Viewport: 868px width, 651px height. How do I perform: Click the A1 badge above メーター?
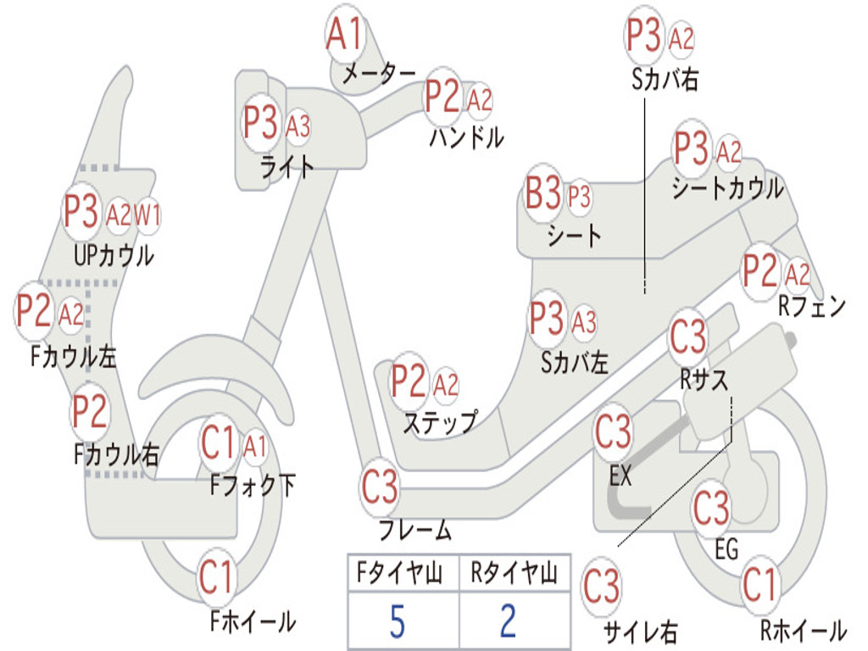click(346, 36)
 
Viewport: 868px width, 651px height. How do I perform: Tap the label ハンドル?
click(466, 136)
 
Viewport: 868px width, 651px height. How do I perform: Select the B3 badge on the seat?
click(543, 196)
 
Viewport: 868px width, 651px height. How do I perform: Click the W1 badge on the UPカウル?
click(147, 216)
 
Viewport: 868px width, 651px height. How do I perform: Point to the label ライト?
click(287, 167)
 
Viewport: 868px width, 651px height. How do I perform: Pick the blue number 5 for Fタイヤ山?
click(397, 621)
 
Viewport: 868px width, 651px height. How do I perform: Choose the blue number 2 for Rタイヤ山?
click(508, 621)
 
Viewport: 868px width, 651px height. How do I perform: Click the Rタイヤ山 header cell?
click(514, 576)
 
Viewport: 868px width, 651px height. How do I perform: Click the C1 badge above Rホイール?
click(759, 585)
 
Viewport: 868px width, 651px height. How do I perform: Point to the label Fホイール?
click(253, 622)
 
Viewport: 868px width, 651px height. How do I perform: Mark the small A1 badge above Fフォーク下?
click(255, 445)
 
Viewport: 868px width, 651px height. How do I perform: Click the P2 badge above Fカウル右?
click(90, 411)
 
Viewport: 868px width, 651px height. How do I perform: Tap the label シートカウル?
click(727, 188)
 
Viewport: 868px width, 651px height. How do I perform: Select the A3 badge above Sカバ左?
click(584, 322)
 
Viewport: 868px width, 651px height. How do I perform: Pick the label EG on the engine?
click(726, 550)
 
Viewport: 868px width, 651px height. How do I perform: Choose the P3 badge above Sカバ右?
click(643, 36)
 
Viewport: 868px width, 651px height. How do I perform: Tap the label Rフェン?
click(811, 308)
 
